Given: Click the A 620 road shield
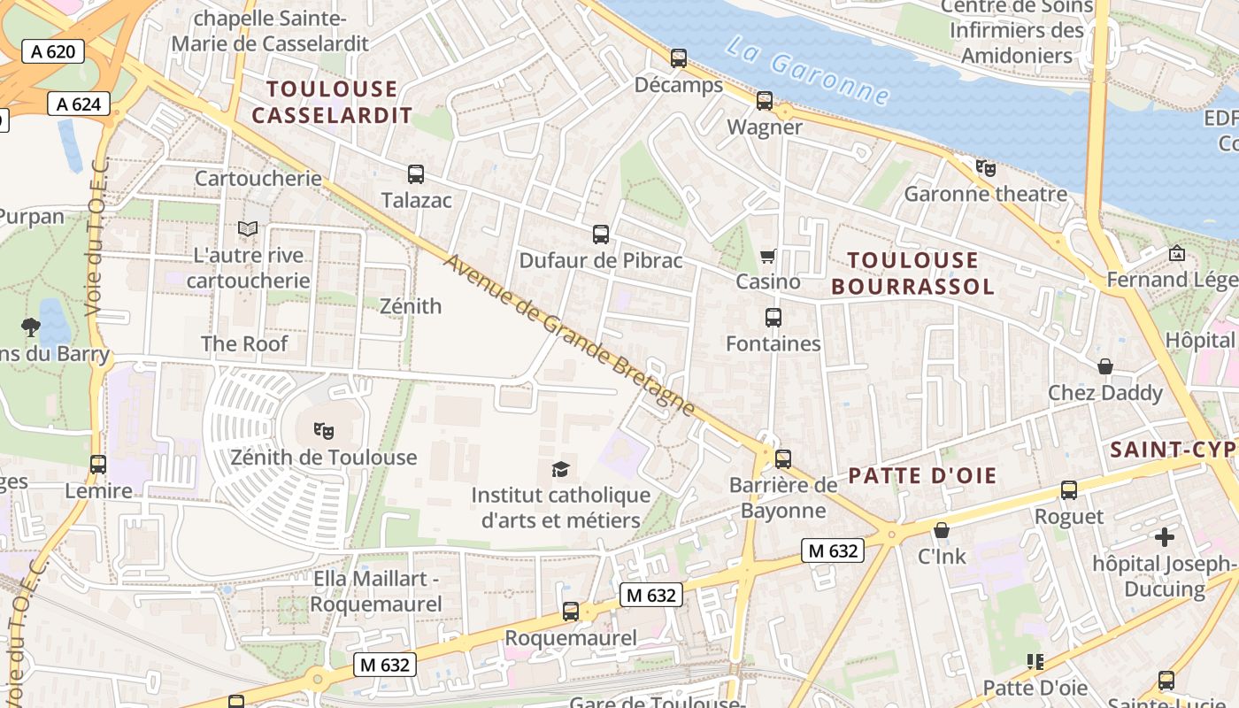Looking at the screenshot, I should click(53, 51).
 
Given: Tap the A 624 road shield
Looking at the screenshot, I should click(79, 104).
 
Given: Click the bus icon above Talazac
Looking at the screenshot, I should click(416, 174).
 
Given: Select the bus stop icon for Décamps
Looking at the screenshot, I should click(679, 58).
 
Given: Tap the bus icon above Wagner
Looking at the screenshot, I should click(765, 101).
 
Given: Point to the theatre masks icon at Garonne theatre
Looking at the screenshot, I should click(985, 167).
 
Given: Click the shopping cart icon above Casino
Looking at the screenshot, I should click(767, 256).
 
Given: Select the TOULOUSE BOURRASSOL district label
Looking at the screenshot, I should click(912, 273).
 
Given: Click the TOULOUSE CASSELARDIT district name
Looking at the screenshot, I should click(332, 102).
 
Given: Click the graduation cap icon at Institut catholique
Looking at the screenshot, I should click(560, 469).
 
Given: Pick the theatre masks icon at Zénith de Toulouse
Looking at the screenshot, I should click(324, 431).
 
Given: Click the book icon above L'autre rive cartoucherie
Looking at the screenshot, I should click(248, 229).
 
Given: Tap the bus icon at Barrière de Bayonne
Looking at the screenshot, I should click(783, 459).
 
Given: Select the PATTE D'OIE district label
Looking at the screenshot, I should click(922, 475).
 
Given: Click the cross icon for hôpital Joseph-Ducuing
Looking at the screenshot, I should click(1165, 536).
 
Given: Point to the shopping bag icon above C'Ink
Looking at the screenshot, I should click(942, 530).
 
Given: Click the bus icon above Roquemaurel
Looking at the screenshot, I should click(571, 612).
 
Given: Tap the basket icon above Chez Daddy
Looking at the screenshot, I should click(1104, 366).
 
